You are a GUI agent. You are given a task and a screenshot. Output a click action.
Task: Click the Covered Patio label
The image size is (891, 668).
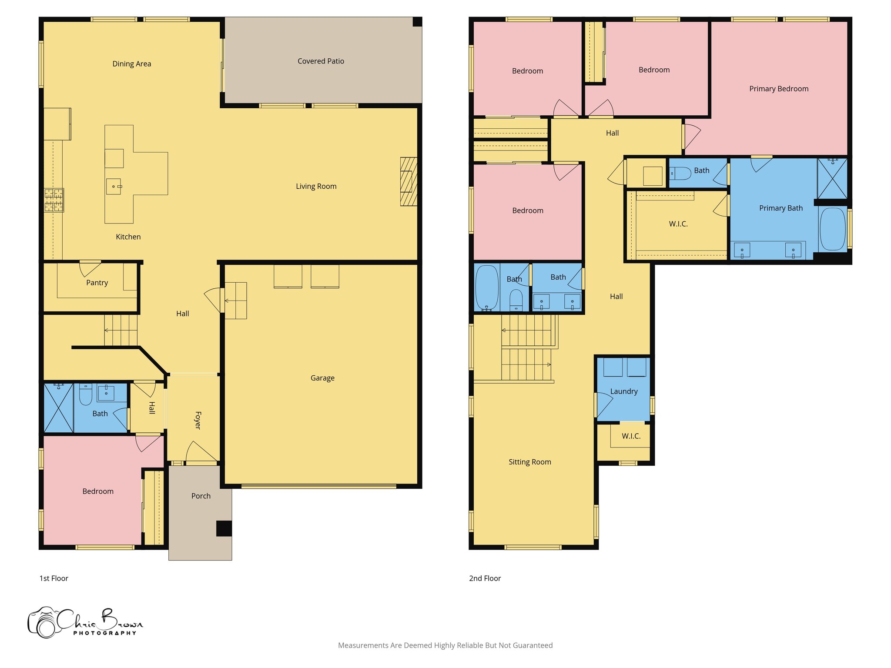[321, 61]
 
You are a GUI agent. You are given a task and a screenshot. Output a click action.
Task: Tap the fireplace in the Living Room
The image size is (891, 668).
[409, 181]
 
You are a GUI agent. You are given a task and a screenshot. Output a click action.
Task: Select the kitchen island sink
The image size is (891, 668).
[114, 186]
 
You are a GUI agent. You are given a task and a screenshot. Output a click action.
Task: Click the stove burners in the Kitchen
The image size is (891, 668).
[54, 200]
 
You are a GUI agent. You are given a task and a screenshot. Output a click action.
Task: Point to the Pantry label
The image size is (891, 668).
[97, 283]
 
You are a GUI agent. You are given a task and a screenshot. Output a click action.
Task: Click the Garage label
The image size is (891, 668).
[322, 378]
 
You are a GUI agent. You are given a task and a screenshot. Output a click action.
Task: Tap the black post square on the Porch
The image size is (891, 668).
[224, 528]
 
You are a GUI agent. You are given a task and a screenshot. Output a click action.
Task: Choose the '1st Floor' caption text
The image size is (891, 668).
[54, 578]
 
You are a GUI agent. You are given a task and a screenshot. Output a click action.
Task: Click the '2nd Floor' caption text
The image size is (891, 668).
[485, 578]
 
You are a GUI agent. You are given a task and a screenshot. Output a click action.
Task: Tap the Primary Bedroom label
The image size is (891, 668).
[779, 89]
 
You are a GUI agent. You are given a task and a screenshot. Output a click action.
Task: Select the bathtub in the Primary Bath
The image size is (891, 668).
[832, 229]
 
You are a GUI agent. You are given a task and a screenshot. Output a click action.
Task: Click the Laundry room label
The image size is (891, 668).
[624, 391]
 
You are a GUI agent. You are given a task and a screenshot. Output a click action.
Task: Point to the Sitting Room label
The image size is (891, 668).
[530, 462]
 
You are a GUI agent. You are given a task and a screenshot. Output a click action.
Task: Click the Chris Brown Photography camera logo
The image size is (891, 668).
[44, 623]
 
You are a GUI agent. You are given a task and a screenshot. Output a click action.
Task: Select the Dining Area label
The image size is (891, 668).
[132, 64]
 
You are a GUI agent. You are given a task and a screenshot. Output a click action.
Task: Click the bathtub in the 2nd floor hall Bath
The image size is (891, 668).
[487, 287]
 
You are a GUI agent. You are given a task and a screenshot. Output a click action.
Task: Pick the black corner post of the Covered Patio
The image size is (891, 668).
[417, 22]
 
